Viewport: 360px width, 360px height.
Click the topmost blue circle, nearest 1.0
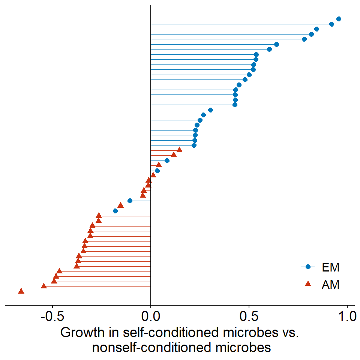(x=339, y=19)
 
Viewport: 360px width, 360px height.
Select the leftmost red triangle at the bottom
(x=21, y=291)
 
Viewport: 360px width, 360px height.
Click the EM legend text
(x=330, y=267)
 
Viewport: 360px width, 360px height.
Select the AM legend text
(x=330, y=285)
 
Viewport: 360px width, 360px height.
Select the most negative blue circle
(x=115, y=211)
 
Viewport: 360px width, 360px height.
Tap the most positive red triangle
(x=179, y=150)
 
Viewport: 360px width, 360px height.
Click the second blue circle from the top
(x=331, y=24)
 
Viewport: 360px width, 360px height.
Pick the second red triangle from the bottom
(x=43, y=286)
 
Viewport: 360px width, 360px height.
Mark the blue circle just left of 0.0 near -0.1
(x=130, y=201)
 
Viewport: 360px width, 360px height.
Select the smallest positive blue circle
(x=157, y=171)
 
